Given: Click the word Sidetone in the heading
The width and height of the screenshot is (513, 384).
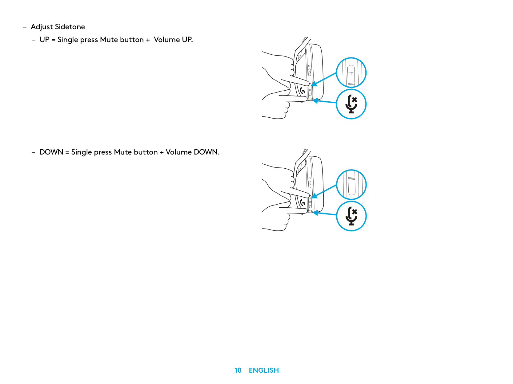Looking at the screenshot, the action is (70, 27).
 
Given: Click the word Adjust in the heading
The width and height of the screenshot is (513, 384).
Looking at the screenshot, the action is (42, 27).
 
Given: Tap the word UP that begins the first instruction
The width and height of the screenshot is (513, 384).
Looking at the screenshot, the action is (44, 39).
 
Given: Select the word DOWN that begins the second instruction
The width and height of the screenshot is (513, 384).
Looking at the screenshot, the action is (51, 152).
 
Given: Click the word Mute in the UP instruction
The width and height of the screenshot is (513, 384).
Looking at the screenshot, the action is (109, 39).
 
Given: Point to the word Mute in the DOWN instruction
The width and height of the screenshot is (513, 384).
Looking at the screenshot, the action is (123, 152).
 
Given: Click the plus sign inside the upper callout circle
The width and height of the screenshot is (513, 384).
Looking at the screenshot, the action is (351, 73).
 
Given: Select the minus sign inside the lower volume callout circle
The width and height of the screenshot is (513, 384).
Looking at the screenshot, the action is (351, 188).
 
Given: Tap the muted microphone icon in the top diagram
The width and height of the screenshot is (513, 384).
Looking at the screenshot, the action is (351, 104).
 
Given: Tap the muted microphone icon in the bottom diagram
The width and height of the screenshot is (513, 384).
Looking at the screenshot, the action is (351, 216).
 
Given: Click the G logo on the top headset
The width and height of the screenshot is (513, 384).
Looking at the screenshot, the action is (303, 91).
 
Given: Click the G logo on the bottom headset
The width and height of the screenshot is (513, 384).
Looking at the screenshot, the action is (303, 202).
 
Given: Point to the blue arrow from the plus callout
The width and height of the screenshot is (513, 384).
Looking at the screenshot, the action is (324, 80).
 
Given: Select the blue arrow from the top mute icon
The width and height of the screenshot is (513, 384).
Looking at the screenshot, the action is (324, 101).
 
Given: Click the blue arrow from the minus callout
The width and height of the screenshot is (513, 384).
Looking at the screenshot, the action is (324, 191).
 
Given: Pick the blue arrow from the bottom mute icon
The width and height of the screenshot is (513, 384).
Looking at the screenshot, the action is (324, 214).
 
